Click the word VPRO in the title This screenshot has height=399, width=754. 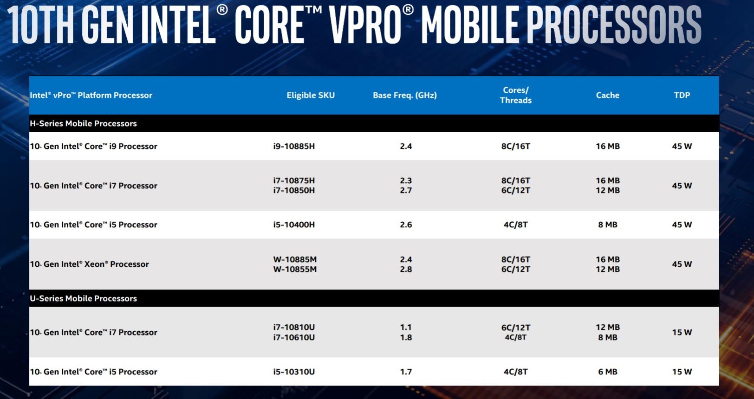[364, 24]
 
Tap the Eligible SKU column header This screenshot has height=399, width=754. [311, 95]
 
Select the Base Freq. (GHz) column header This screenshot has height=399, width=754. [405, 95]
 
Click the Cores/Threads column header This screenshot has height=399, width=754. [515, 95]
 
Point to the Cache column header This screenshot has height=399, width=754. [607, 95]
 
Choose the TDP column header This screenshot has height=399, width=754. [682, 95]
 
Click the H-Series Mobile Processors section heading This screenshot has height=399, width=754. [84, 123]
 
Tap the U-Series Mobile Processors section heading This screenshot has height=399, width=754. [84, 298]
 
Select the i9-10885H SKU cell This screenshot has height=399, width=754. [294, 146]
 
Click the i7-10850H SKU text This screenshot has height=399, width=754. [294, 191]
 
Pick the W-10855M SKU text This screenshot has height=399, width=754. [295, 270]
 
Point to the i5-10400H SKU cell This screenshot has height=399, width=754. [294, 225]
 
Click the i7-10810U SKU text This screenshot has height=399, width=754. [294, 327]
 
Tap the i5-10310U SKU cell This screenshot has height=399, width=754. [294, 372]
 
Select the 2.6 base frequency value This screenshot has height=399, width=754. [406, 225]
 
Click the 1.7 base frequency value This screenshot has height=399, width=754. [406, 372]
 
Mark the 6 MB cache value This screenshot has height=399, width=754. [607, 372]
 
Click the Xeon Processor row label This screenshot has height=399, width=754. [90, 264]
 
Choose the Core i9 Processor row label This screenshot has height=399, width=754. [94, 146]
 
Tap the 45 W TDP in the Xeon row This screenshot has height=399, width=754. [682, 264]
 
